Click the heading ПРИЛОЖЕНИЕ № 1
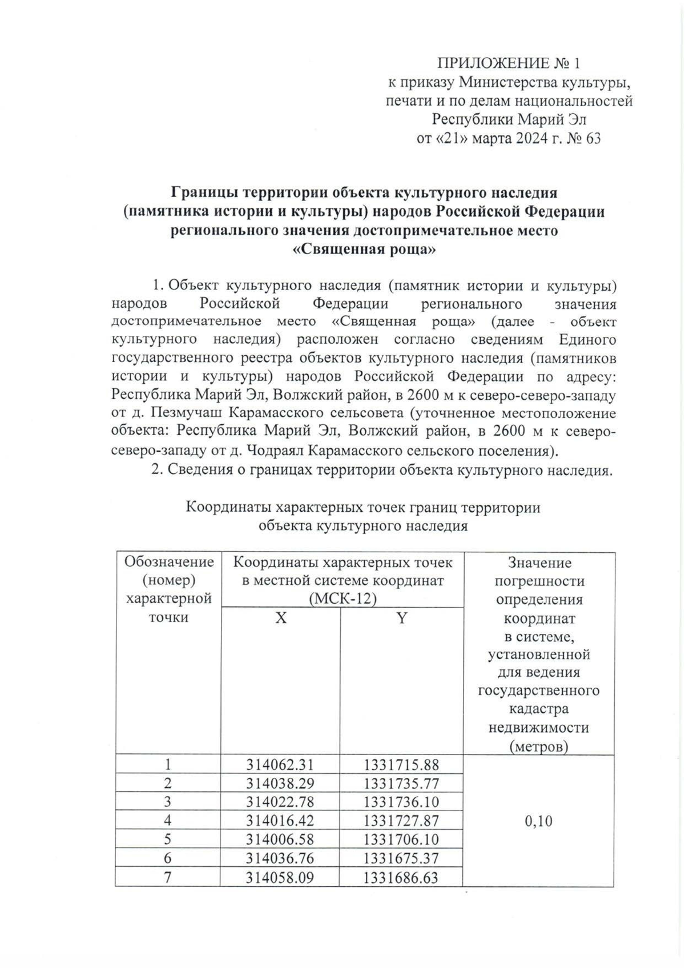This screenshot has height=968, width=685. (x=508, y=63)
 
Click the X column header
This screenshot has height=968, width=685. (x=280, y=618)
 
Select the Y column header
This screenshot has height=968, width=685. (x=402, y=618)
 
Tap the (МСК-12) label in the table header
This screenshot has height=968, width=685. (x=342, y=600)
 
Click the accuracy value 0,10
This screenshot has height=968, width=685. (x=538, y=821)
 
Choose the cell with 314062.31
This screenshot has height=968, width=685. (x=280, y=765)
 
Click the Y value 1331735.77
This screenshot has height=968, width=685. (x=401, y=783)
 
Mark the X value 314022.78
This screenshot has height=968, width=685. (x=280, y=802)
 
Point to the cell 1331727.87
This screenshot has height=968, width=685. (x=401, y=821)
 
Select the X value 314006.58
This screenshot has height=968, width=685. (x=280, y=840)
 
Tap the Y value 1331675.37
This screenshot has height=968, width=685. (x=401, y=858)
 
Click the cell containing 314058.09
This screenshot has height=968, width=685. (x=280, y=877)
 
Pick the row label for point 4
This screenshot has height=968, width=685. (x=168, y=821)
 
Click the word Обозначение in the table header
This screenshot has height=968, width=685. (x=169, y=563)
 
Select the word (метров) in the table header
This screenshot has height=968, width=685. (x=539, y=746)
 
